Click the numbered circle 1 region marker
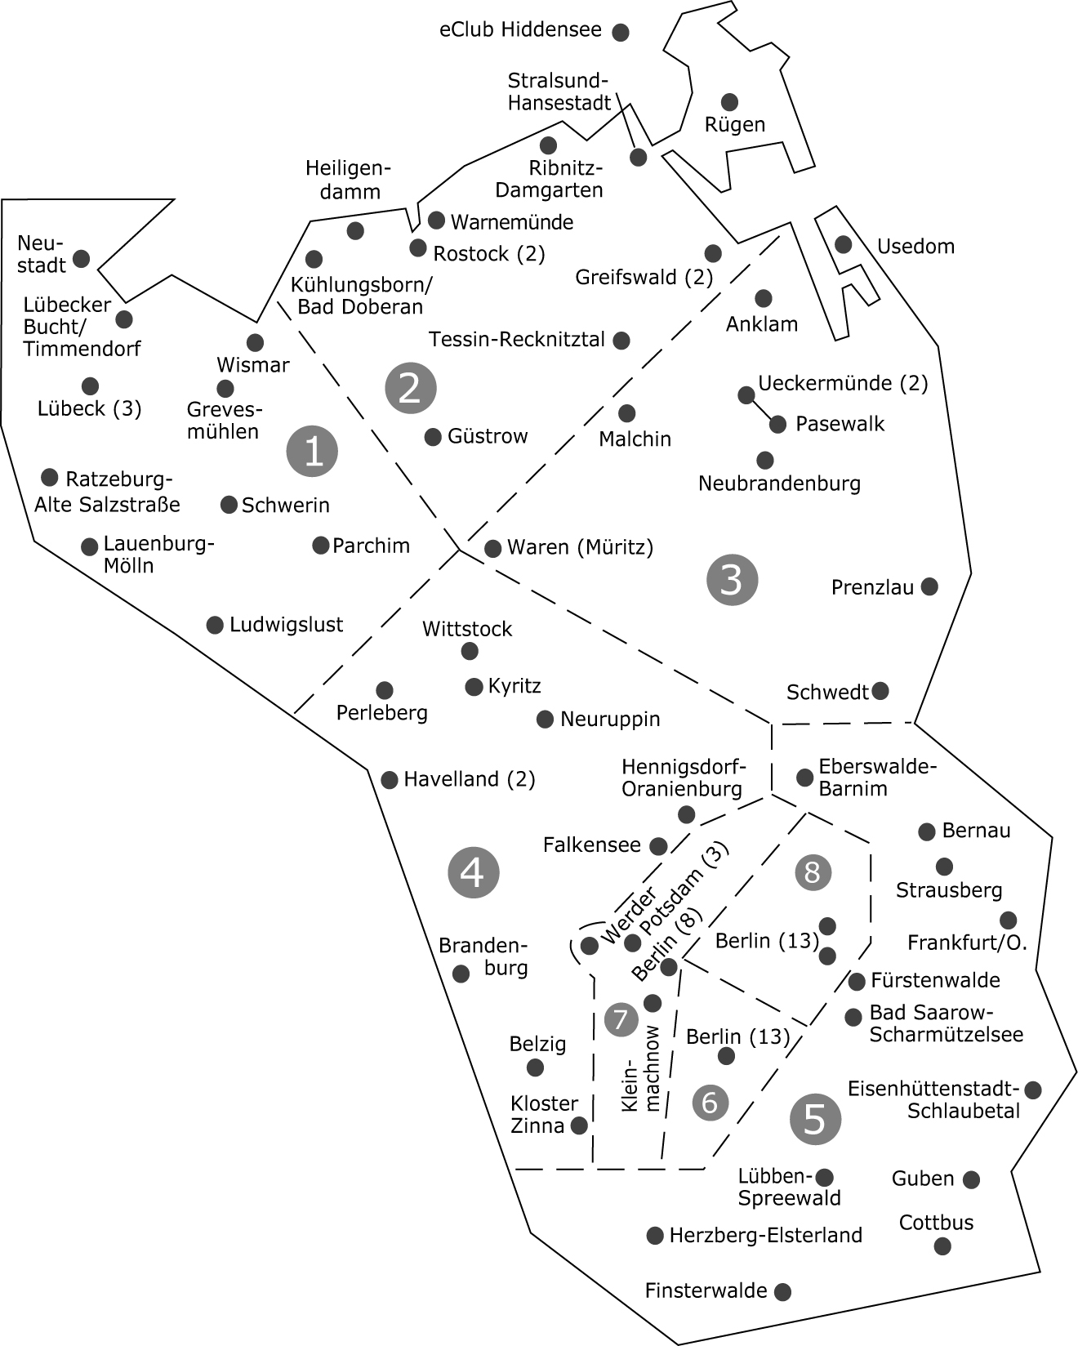point(313,450)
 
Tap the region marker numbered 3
point(732,580)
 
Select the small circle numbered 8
point(813,871)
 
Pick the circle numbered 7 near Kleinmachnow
point(621,1019)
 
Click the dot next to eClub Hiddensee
point(621,33)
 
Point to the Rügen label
point(735,125)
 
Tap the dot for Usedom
point(843,244)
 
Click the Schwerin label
point(286,505)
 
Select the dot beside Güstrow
point(433,437)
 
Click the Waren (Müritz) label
point(581,547)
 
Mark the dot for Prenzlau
point(929,586)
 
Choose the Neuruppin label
point(610,720)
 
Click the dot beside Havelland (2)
point(390,779)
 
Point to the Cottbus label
point(937,1223)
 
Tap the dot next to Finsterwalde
point(782,1291)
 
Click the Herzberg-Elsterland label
point(765,1235)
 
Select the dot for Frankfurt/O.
point(1009,920)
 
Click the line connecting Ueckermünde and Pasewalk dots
point(761,409)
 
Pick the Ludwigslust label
point(286,625)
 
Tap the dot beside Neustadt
point(81,259)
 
